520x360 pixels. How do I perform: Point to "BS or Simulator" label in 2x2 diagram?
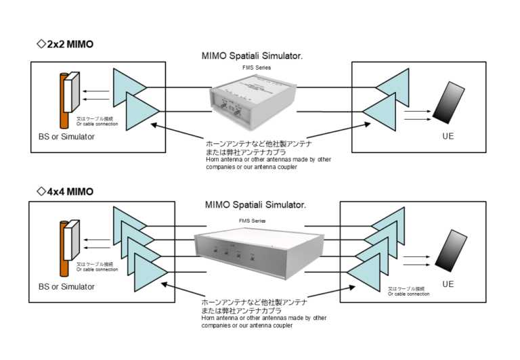tap(66, 137)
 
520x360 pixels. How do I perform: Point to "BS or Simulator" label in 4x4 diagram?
tap(66, 286)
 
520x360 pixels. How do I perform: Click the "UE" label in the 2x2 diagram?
tap(447, 137)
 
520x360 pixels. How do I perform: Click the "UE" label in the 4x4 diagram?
tap(448, 285)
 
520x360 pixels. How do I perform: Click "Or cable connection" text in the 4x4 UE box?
tap(408, 294)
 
